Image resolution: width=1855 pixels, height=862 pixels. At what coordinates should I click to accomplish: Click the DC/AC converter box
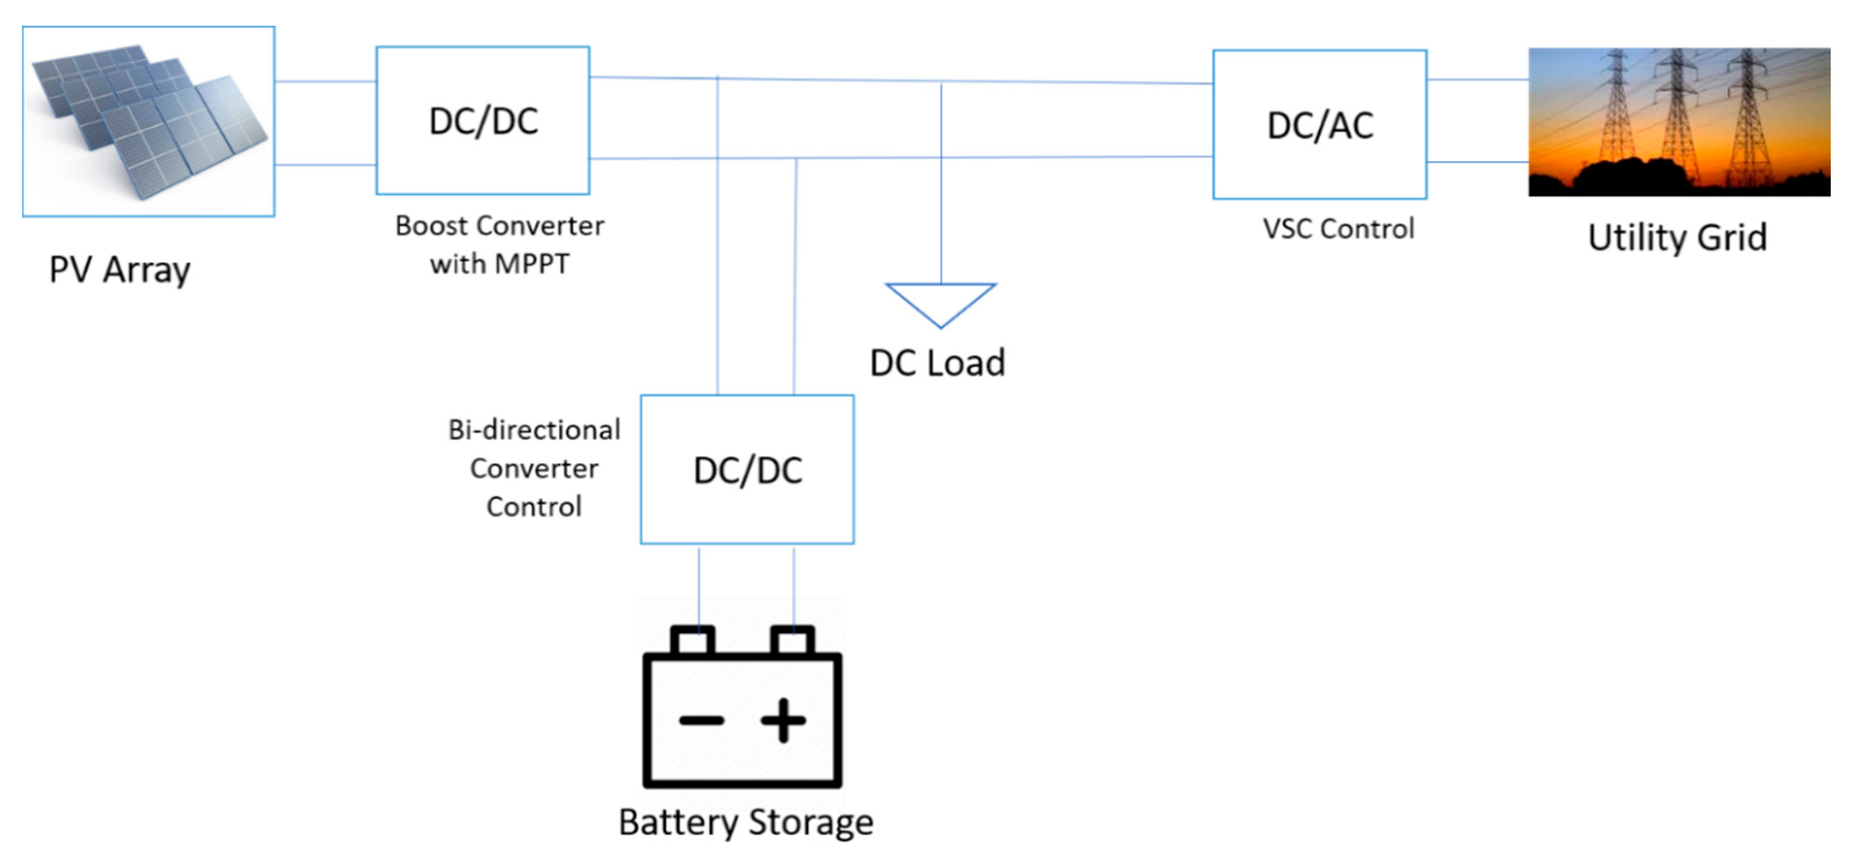pos(1319,125)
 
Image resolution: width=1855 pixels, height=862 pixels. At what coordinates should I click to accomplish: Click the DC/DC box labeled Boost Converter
pos(483,120)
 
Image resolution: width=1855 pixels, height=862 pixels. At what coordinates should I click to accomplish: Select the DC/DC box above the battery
pos(747,470)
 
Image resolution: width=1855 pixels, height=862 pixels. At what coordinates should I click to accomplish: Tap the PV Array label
pos(120,271)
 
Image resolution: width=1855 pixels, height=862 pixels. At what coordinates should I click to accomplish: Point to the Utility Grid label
pos(1677,238)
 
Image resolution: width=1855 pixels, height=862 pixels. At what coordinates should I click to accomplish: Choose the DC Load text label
pos(937,363)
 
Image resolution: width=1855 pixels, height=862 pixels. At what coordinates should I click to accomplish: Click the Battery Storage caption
pos(746,822)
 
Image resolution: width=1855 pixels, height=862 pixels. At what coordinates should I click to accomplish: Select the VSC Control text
pos(1338,229)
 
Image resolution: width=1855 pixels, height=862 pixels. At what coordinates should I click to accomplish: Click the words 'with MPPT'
pos(499,264)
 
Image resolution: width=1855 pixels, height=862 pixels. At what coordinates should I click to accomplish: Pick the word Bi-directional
pos(534,430)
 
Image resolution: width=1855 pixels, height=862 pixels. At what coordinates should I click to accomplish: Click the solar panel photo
pos(149,121)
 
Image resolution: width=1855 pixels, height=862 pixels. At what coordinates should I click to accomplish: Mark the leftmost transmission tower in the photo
pos(1617,108)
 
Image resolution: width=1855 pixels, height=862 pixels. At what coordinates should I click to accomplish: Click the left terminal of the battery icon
pos(693,639)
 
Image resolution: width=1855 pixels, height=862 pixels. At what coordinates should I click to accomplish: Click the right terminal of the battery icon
pos(792,639)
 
